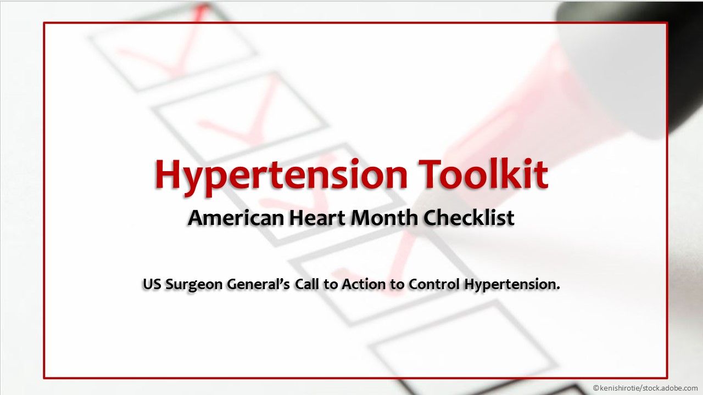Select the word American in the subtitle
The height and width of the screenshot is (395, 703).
coord(236,218)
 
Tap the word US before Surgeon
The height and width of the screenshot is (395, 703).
coord(152,285)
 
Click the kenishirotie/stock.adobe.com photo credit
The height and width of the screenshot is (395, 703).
coord(648,388)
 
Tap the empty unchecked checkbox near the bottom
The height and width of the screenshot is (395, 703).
coord(461,351)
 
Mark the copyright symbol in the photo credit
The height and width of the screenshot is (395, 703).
coord(596,388)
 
